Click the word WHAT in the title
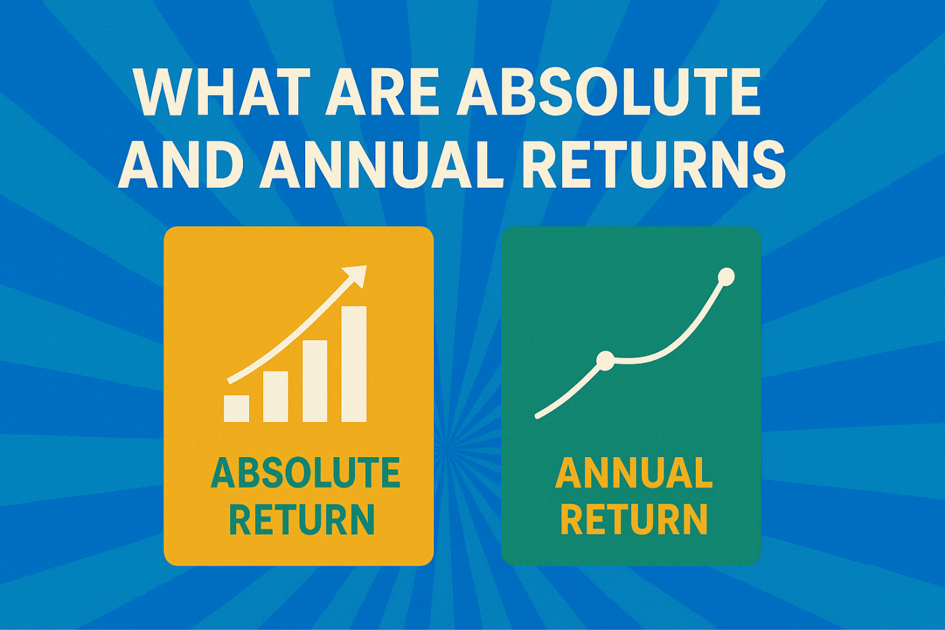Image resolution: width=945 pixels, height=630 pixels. click(222, 91)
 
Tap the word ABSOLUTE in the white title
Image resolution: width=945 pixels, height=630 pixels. click(609, 91)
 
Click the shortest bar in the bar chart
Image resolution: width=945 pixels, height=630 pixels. click(236, 409)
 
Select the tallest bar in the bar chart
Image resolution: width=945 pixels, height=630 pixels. click(354, 364)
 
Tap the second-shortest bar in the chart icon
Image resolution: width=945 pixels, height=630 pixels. click(275, 396)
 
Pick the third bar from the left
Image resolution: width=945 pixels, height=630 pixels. click(315, 381)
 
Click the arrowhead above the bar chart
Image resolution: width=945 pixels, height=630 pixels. click(356, 275)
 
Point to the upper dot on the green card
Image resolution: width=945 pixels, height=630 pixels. click(726, 277)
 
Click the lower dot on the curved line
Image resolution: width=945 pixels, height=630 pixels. click(605, 361)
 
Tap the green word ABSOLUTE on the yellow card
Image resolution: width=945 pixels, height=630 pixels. click(305, 473)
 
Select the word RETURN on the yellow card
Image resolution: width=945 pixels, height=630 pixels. click(302, 519)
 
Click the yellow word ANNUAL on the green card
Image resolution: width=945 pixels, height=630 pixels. click(634, 473)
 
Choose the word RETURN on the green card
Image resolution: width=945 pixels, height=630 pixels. click(634, 519)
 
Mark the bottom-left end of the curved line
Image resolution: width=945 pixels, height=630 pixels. click(537, 417)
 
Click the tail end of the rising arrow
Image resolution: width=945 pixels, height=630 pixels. click(230, 382)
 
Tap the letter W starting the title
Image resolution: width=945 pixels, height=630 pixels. click(163, 91)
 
